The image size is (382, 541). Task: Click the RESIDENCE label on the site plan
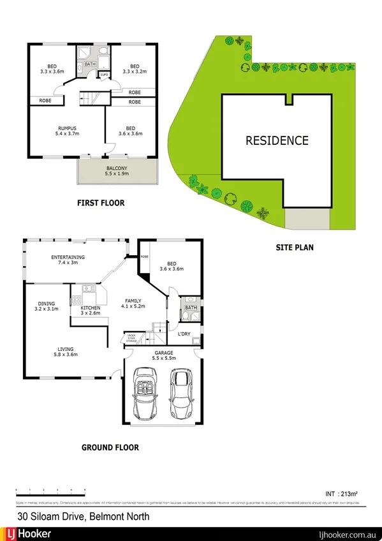point(277,141)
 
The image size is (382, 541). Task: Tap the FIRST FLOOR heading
point(101,204)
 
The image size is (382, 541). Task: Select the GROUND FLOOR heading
point(110,447)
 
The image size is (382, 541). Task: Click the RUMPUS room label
point(67,128)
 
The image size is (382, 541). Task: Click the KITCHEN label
point(90,308)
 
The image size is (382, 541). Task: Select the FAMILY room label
point(133,300)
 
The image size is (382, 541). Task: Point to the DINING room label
point(46,304)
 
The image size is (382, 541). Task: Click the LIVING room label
point(65,349)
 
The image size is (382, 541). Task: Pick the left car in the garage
point(144,396)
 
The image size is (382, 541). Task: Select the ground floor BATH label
point(191,308)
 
